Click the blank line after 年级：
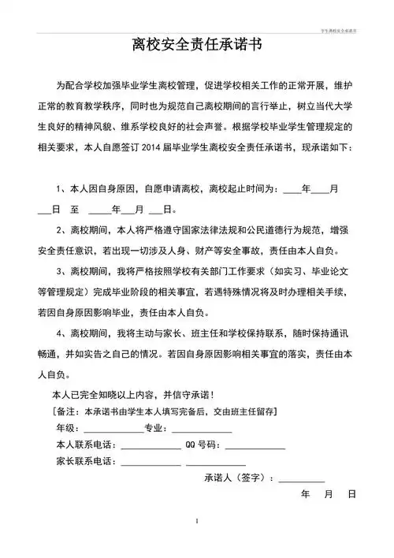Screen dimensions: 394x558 click(118, 430)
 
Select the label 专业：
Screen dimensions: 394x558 click(157, 428)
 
